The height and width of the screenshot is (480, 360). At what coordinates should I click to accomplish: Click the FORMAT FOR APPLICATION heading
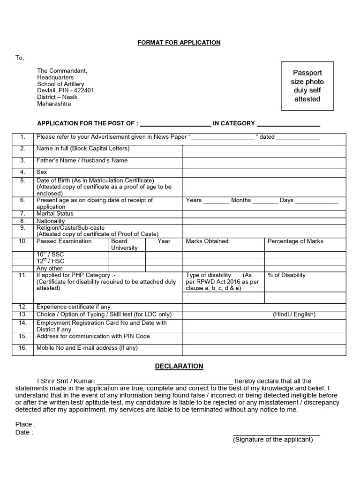[179, 43]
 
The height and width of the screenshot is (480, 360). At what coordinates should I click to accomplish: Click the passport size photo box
[307, 86]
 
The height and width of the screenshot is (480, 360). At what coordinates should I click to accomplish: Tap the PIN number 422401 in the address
[82, 90]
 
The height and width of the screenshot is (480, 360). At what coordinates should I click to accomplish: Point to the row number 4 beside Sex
[22, 172]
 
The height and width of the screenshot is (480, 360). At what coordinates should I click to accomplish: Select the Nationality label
[51, 221]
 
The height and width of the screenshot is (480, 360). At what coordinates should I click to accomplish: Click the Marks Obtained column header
[207, 241]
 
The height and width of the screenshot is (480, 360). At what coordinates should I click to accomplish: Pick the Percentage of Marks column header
[295, 241]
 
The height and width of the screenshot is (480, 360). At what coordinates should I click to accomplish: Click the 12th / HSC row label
[50, 261]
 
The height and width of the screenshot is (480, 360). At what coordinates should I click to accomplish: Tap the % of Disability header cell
[286, 275]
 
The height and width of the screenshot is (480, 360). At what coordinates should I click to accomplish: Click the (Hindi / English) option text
[294, 315]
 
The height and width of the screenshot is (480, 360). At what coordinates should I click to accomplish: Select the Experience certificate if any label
[74, 307]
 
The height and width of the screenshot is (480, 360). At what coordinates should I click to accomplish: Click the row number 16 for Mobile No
[22, 348]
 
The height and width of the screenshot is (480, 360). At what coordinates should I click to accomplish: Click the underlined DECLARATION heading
[179, 366]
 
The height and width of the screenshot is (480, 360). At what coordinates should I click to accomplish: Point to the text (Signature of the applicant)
[273, 440]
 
